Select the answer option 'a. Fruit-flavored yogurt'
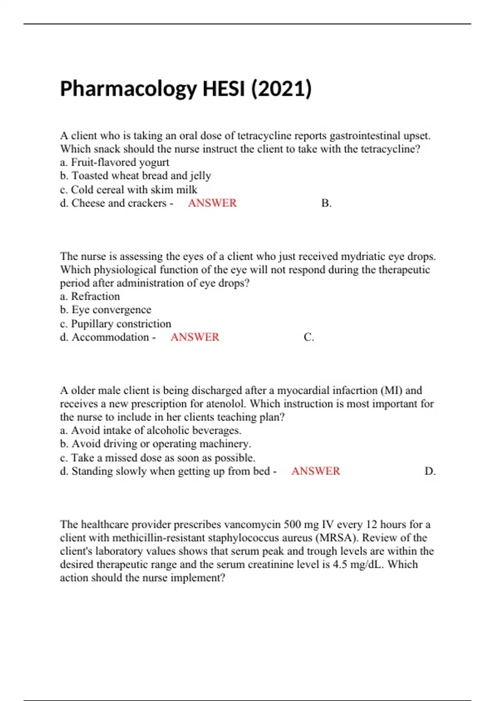pyautogui.click(x=115, y=162)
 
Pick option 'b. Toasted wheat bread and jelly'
pyautogui.click(x=135, y=176)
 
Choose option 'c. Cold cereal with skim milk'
pyautogui.click(x=128, y=190)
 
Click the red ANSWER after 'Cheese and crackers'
pyautogui.click(x=212, y=203)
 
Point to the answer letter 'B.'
pyautogui.click(x=326, y=203)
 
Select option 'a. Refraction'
pyautogui.click(x=90, y=296)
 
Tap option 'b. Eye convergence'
pyautogui.click(x=106, y=310)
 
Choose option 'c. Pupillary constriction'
pyautogui.click(x=115, y=324)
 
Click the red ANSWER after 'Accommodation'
pyautogui.click(x=195, y=337)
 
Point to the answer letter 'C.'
pyautogui.click(x=309, y=337)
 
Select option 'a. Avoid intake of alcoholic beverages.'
pyautogui.click(x=151, y=430)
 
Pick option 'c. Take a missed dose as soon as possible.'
pyautogui.click(x=158, y=458)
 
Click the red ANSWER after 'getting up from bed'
pyautogui.click(x=316, y=471)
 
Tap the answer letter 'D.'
pyautogui.click(x=430, y=471)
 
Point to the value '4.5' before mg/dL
pyautogui.click(x=340, y=565)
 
